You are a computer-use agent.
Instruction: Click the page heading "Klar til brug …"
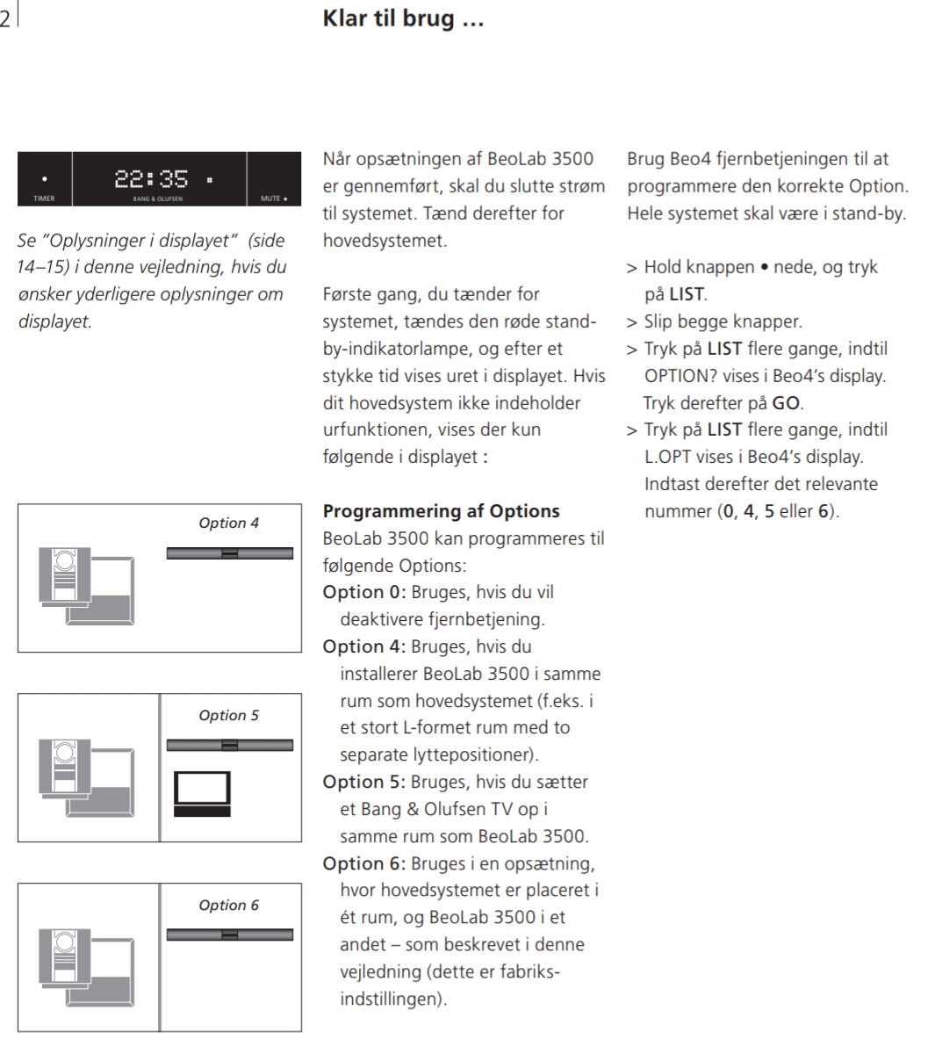coord(403,18)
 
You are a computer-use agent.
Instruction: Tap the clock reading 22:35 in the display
coord(151,179)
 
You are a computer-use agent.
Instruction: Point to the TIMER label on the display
coord(44,199)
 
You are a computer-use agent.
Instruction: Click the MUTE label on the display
coord(272,199)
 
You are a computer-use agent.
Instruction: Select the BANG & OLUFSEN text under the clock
coord(158,199)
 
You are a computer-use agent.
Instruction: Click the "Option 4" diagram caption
coord(228,523)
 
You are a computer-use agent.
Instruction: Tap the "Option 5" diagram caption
coord(228,715)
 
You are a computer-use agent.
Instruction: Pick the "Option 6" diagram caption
coord(228,905)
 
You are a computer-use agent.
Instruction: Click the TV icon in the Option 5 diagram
coord(202,793)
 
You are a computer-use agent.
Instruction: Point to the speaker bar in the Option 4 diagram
coord(230,553)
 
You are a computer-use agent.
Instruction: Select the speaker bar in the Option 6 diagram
coord(230,935)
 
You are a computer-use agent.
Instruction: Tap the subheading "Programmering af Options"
coord(441,511)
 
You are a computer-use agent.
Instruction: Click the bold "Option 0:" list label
coord(364,592)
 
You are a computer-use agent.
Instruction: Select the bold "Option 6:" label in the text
coord(364,863)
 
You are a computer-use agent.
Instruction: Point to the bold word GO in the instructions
coord(786,403)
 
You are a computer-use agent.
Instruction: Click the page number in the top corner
coord(5,19)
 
